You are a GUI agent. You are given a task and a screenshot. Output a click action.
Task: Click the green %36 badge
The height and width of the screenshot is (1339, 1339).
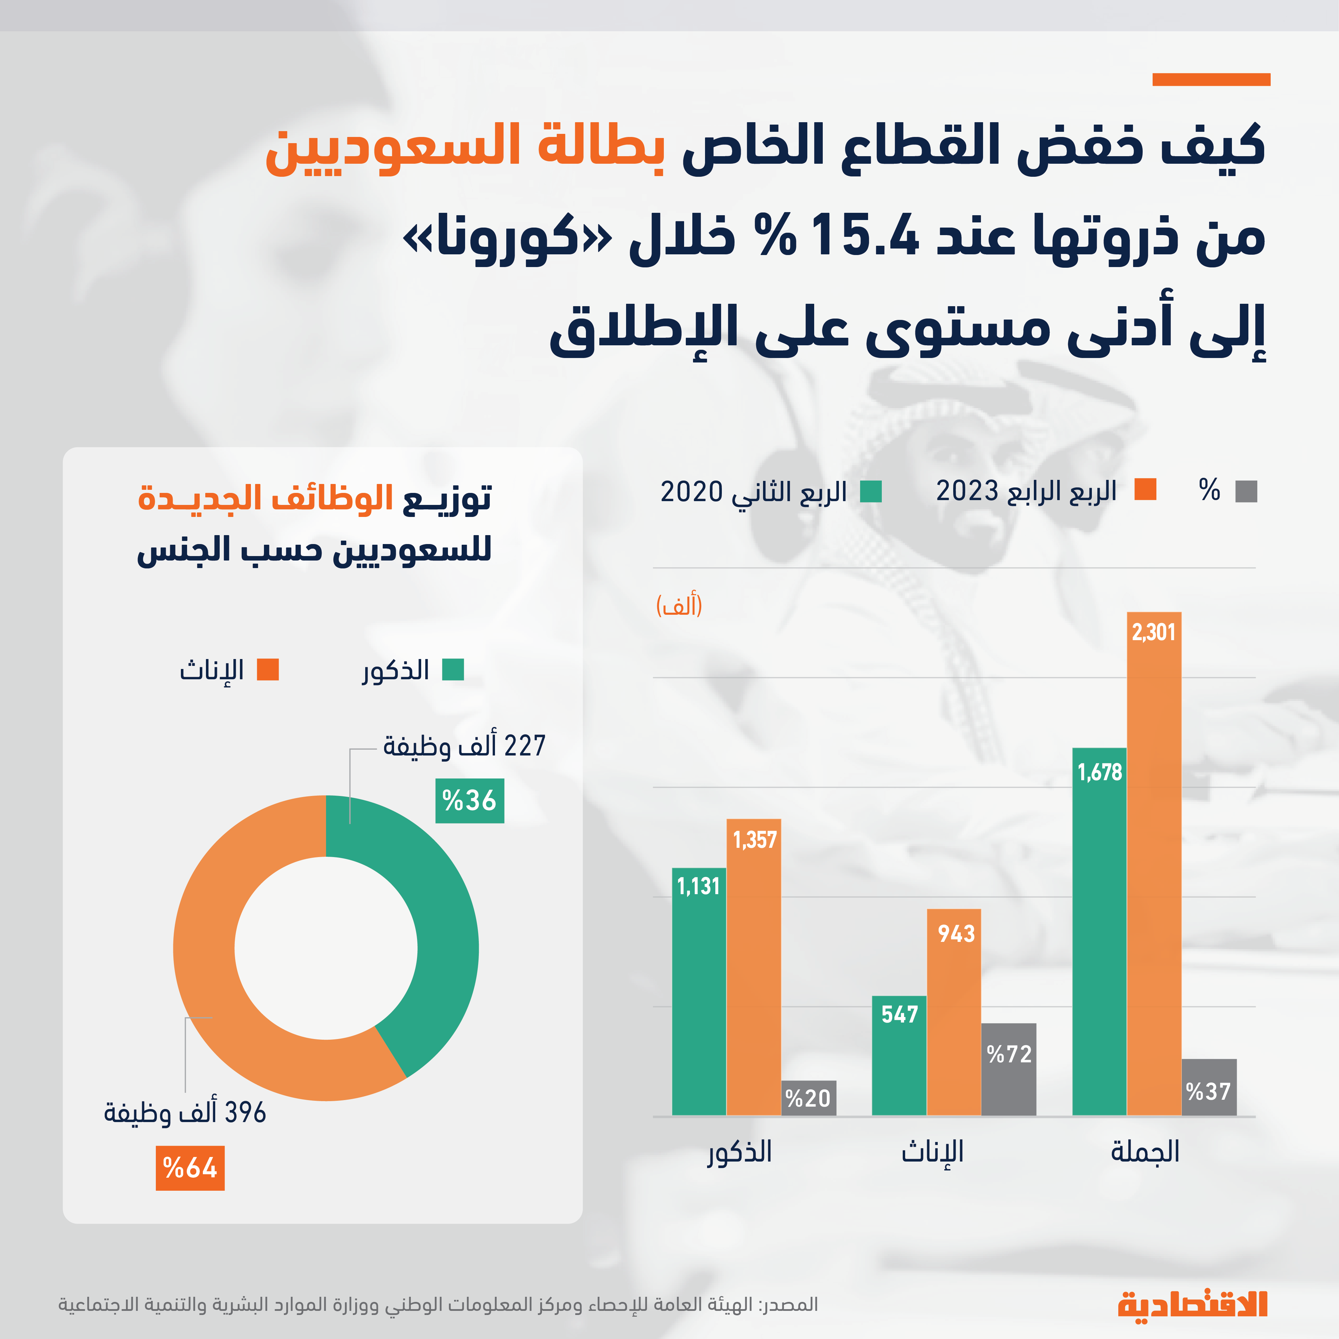point(469,800)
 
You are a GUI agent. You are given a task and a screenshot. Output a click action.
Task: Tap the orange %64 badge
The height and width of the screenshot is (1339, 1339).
point(190,1168)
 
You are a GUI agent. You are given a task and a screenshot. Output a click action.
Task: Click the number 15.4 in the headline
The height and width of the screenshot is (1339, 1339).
point(864,236)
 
